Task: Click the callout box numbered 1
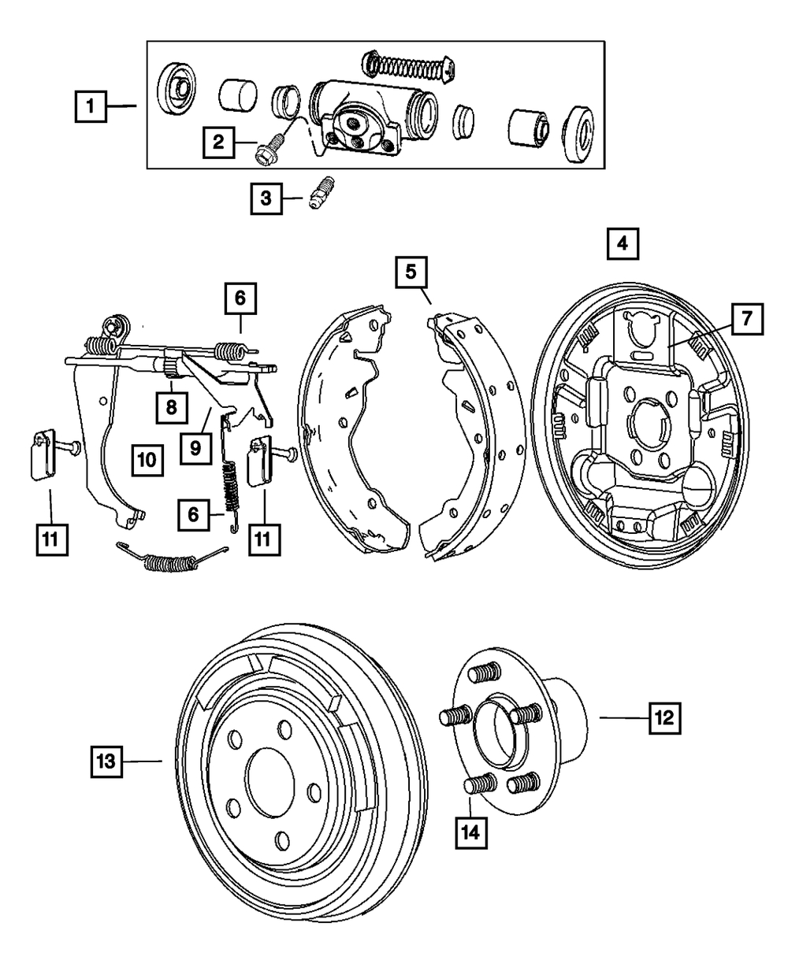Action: [x=91, y=106]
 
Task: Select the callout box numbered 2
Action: [x=218, y=143]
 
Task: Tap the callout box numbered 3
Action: [x=266, y=198]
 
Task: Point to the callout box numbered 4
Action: [x=623, y=244]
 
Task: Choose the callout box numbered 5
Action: [x=411, y=272]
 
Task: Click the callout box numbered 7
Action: [x=747, y=319]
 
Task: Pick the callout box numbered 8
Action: [x=171, y=407]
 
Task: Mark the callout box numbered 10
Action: [x=147, y=460]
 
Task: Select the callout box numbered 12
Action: [x=664, y=718]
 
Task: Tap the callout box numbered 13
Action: [x=106, y=761]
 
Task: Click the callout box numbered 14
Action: [x=471, y=833]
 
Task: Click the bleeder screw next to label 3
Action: [x=322, y=194]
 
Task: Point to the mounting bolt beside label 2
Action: [x=268, y=149]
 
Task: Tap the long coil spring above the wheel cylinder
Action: [x=408, y=66]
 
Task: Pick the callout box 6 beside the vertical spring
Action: [x=194, y=515]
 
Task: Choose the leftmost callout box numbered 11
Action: [x=52, y=540]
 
